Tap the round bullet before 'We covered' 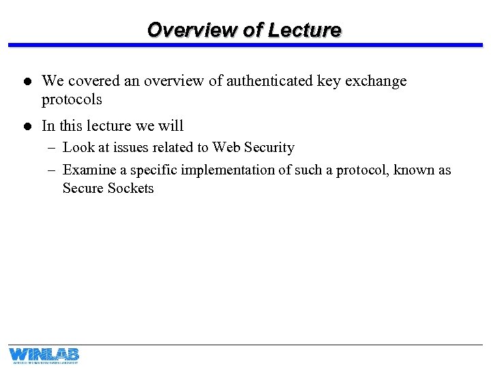pos(23,82)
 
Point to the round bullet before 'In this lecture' pos(23,127)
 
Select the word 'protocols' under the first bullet pos(72,99)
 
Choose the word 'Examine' pos(88,170)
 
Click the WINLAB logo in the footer pos(44,355)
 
